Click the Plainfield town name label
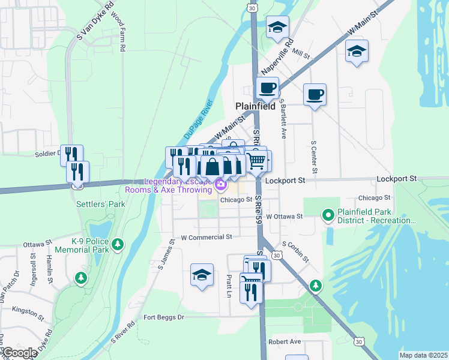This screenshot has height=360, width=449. pyautogui.click(x=255, y=106)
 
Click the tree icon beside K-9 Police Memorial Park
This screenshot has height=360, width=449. pyautogui.click(x=119, y=244)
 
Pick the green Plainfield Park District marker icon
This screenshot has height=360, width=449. pyautogui.click(x=328, y=214)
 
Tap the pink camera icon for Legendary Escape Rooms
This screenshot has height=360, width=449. pyautogui.click(x=221, y=184)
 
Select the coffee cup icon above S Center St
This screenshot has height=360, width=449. pyautogui.click(x=315, y=94)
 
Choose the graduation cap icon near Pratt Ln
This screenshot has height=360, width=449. pyautogui.click(x=202, y=275)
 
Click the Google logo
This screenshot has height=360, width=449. pyautogui.click(x=19, y=353)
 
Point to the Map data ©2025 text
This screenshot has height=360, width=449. pyautogui.click(x=423, y=355)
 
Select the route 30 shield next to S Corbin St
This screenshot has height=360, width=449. pyautogui.click(x=276, y=255)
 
